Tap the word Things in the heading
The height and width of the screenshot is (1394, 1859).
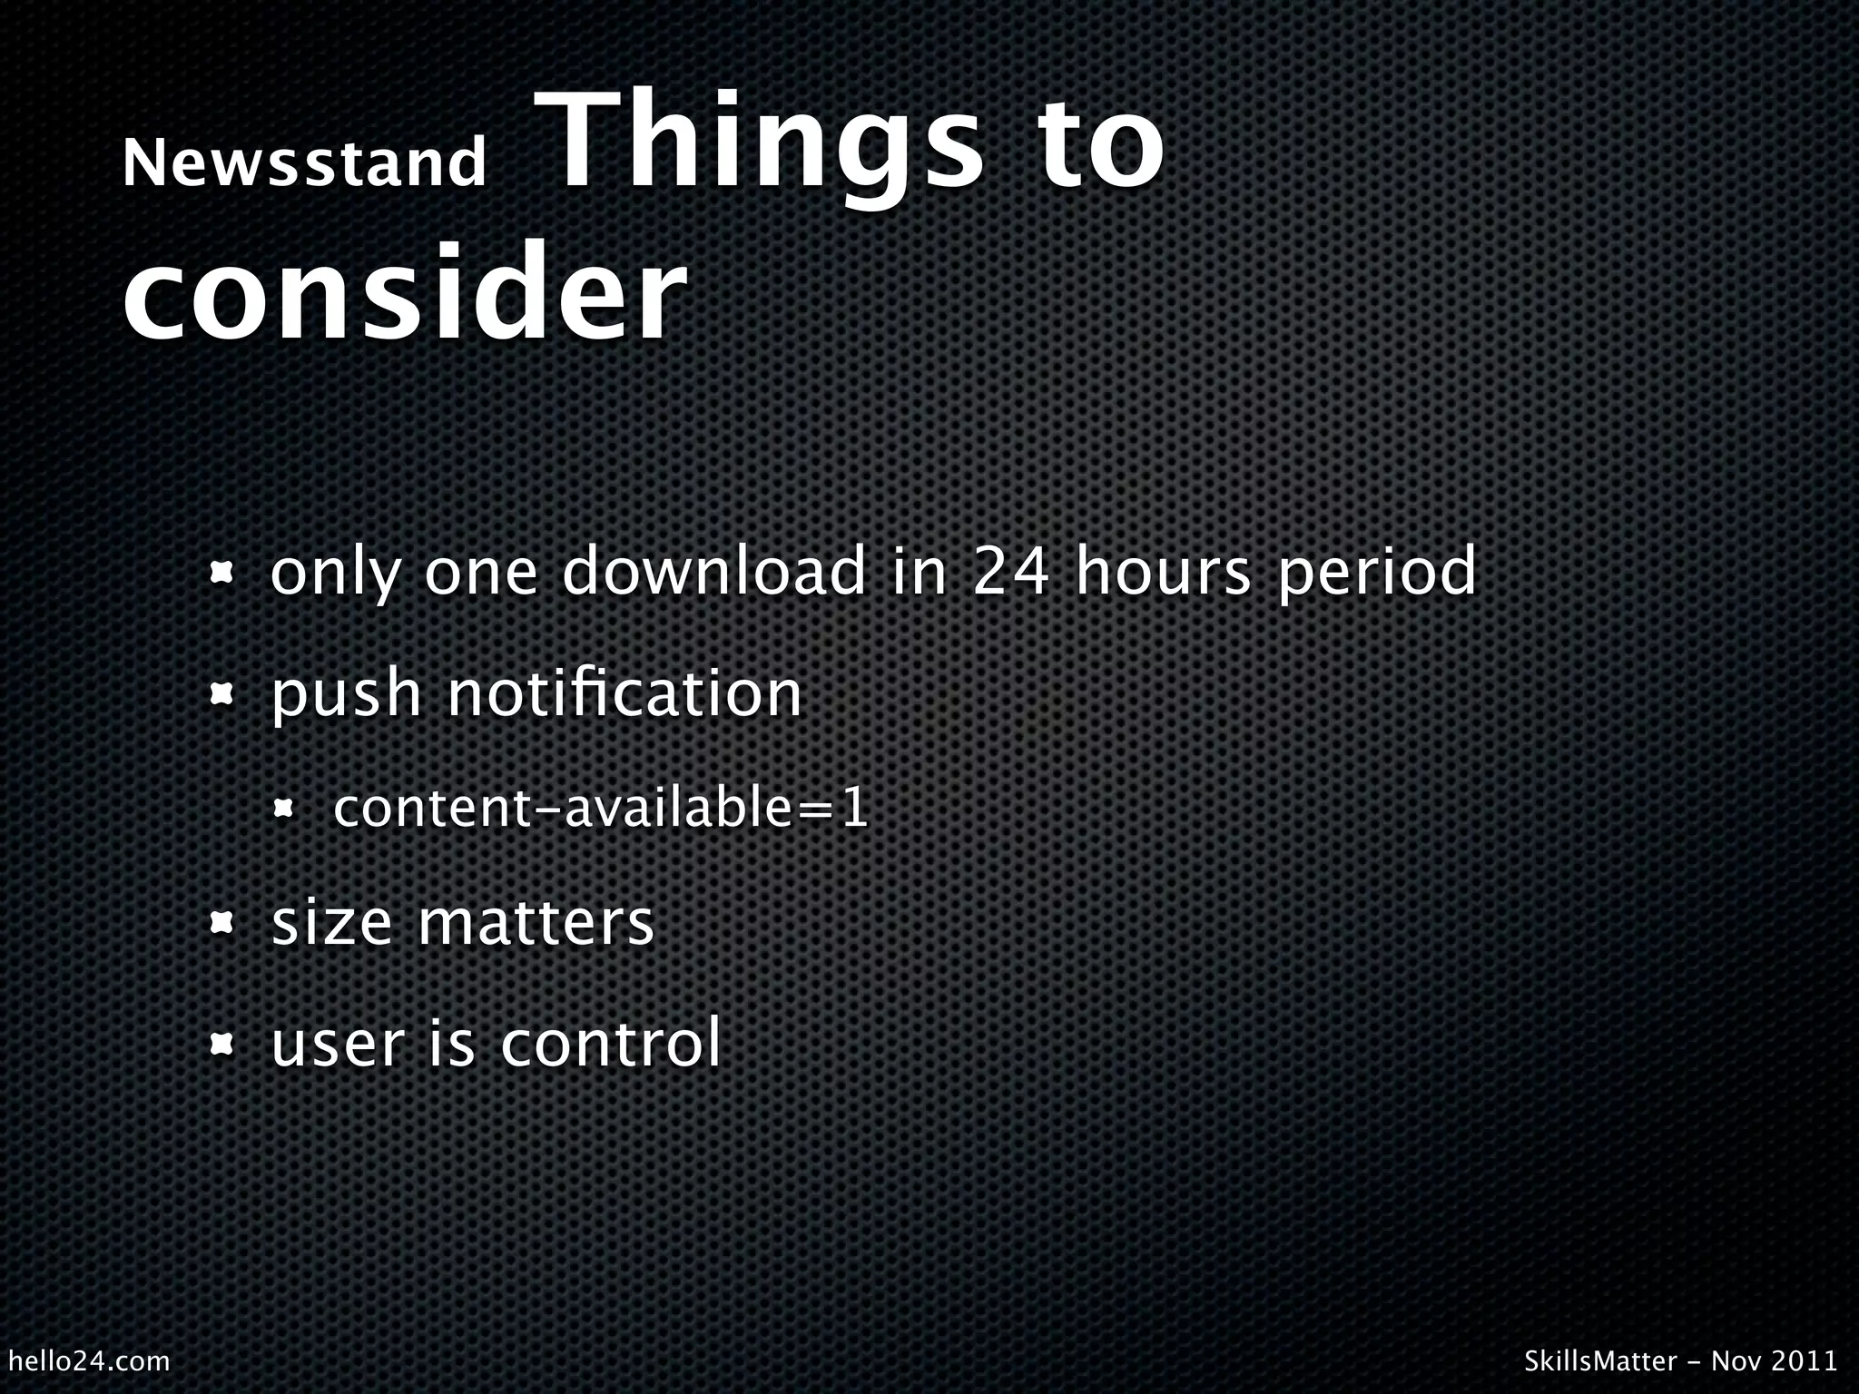761,145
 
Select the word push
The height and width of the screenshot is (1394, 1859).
347,695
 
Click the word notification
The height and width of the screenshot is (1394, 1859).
625,693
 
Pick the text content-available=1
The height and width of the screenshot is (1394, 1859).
601,809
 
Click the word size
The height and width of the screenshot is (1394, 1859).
331,923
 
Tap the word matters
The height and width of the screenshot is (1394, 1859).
536,923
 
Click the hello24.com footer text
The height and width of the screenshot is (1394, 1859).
88,1360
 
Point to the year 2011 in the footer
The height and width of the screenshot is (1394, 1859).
1803,1360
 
